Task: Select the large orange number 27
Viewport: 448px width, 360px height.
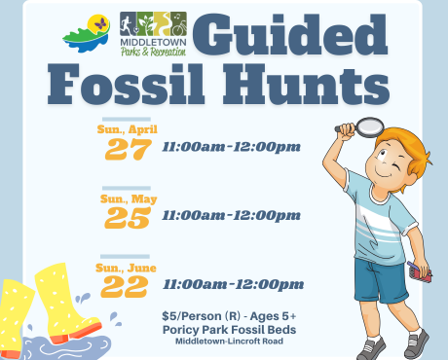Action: [129, 149]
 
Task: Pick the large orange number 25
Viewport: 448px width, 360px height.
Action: [129, 216]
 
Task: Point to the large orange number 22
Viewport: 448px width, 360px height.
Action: [124, 285]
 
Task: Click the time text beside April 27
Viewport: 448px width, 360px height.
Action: [231, 148]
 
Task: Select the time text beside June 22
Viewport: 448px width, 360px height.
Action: [233, 284]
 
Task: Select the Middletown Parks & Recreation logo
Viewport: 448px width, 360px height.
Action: [152, 35]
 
